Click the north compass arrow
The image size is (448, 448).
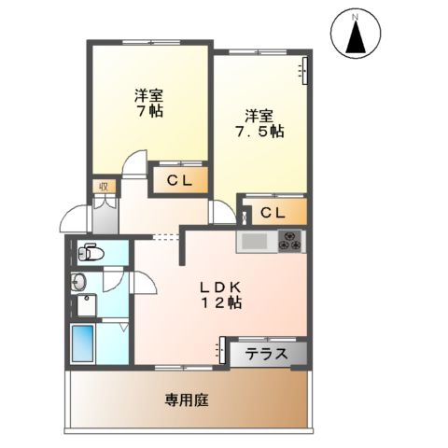coord(356,40)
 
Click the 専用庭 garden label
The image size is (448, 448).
coord(186,399)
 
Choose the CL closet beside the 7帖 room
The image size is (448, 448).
coord(180,181)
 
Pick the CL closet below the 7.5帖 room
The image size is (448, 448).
coord(273,213)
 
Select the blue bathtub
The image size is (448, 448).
coord(83,344)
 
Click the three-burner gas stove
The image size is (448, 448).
coord(288,242)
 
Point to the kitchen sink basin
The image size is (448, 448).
coord(253,242)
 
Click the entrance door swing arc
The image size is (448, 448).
coord(74,219)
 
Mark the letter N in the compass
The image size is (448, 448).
coord(356,16)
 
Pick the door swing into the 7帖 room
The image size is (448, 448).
coord(135,165)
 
